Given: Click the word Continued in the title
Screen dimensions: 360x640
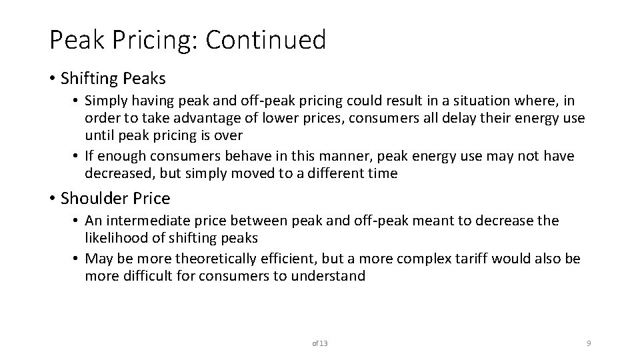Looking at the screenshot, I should coord(266,40).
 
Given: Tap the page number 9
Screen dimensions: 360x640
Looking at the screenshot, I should coord(589,343).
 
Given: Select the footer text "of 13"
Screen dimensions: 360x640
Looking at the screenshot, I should coord(320,343).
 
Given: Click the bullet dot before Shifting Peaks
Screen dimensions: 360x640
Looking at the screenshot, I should coord(53,79).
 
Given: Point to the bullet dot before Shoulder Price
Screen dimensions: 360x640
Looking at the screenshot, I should coord(53,198).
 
